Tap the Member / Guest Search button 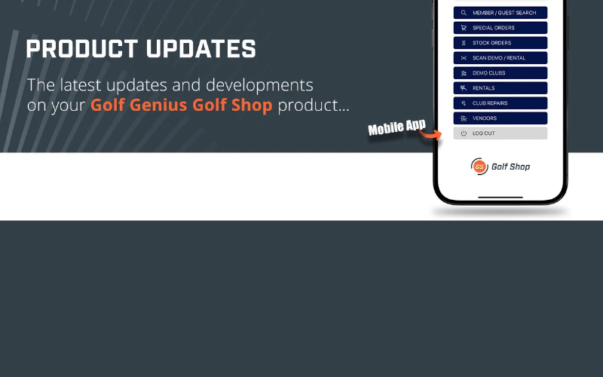(500, 13)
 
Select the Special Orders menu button (500, 28)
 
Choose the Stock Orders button (500, 43)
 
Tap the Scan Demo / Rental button (500, 58)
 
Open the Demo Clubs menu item (500, 72)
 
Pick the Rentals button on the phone (500, 88)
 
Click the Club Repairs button (500, 103)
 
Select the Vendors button (500, 118)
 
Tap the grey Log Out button (500, 133)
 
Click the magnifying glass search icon (464, 13)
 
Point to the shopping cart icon (464, 28)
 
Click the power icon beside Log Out (464, 133)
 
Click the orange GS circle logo (479, 166)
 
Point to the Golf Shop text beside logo (511, 167)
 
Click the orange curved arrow (430, 134)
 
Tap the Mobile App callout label (397, 127)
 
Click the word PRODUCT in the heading (82, 49)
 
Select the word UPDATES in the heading (200, 49)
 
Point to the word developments (259, 85)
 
